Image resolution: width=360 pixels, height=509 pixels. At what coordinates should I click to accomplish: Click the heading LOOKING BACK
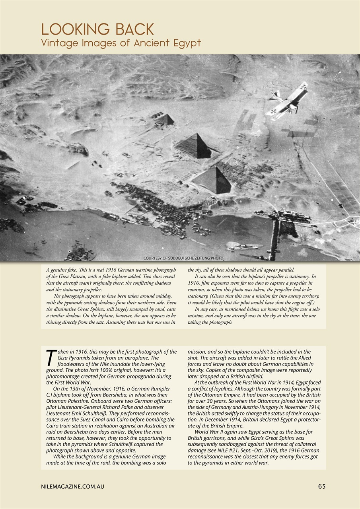coord(97,30)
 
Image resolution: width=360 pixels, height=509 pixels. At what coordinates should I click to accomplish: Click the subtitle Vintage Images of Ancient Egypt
coord(121,43)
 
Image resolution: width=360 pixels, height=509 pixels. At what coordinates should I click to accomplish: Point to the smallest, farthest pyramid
coord(165,119)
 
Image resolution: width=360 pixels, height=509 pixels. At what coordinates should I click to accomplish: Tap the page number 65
coord(322,486)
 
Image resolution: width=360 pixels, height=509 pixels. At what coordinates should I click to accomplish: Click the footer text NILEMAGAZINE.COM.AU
coord(72,486)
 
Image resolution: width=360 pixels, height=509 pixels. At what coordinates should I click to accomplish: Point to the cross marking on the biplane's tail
coord(304,85)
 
